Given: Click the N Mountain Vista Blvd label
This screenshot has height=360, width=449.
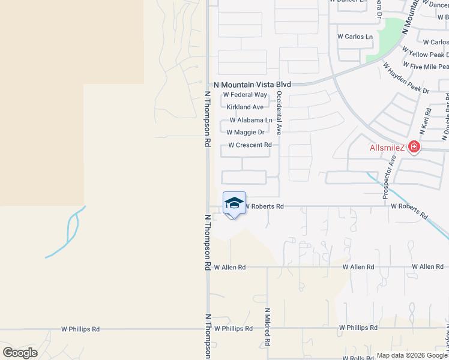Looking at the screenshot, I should [x=249, y=85].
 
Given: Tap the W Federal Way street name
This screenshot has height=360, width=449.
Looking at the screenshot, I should [x=245, y=95].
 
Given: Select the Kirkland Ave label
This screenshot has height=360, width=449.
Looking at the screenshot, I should [x=245, y=107].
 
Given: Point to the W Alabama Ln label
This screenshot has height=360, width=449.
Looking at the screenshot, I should [x=250, y=120].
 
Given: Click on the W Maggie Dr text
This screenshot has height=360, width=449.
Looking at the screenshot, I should [x=246, y=132].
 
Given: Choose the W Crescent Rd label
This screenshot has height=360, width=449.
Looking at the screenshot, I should [x=250, y=145].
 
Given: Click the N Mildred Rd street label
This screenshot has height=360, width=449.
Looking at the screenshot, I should [x=267, y=328].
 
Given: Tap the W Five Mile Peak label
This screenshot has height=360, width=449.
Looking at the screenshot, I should [x=426, y=66].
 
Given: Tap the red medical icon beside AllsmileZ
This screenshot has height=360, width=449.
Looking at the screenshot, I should [x=414, y=146].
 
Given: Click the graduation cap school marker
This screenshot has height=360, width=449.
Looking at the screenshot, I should [x=234, y=203].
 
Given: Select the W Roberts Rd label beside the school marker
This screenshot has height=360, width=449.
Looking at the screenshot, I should [x=264, y=206].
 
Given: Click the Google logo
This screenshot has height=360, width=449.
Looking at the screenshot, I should [x=20, y=353].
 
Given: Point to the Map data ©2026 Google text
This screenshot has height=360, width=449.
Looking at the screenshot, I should [x=412, y=355].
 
